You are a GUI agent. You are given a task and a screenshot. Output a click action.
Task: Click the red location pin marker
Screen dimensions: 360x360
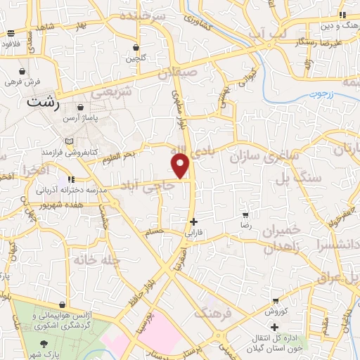[181, 166]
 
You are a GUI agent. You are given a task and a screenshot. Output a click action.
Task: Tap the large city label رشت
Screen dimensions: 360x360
[42, 102]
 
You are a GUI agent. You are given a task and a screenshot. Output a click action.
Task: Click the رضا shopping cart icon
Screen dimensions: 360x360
[245, 215]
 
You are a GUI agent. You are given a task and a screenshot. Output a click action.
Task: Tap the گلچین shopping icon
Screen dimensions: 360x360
[136, 49]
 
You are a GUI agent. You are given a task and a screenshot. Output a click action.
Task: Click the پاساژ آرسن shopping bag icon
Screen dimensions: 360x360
[82, 108]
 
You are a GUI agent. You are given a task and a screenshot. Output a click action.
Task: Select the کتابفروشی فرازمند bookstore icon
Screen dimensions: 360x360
[69, 141]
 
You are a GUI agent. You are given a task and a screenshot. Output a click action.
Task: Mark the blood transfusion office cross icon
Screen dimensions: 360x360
[275, 327]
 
